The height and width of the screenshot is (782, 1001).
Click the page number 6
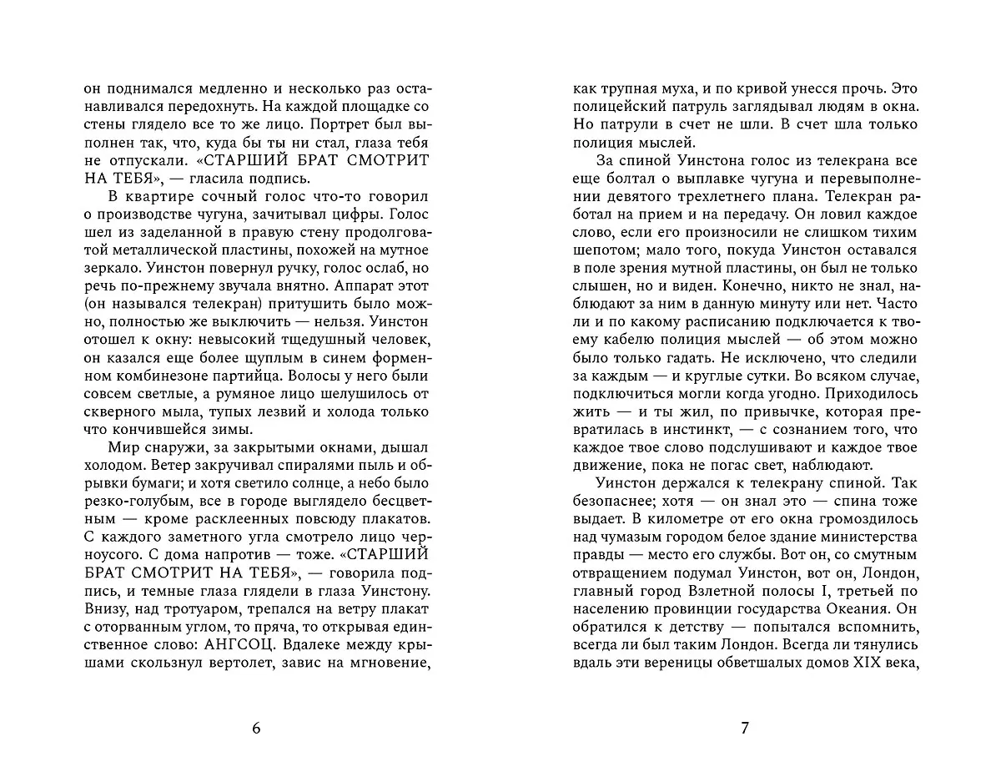tap(256, 728)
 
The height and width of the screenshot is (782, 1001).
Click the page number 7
tap(745, 728)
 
